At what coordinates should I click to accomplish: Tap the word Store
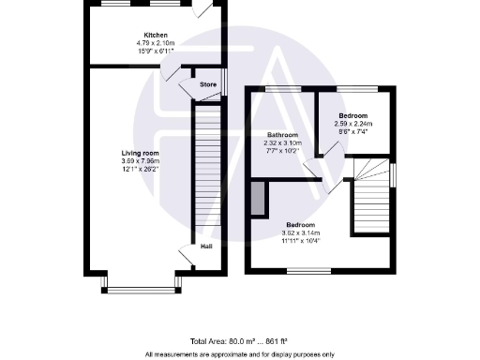click(x=208, y=84)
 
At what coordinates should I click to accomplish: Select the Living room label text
click(x=141, y=152)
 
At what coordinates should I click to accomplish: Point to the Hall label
click(x=205, y=247)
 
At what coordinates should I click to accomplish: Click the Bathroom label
click(x=282, y=135)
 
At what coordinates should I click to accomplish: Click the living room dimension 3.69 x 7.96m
click(x=141, y=160)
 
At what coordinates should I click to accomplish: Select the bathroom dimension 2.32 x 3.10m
click(x=282, y=142)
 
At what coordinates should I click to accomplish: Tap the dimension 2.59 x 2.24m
click(x=352, y=123)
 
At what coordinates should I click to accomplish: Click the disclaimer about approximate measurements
click(x=240, y=354)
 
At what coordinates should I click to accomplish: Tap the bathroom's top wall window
click(x=278, y=89)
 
